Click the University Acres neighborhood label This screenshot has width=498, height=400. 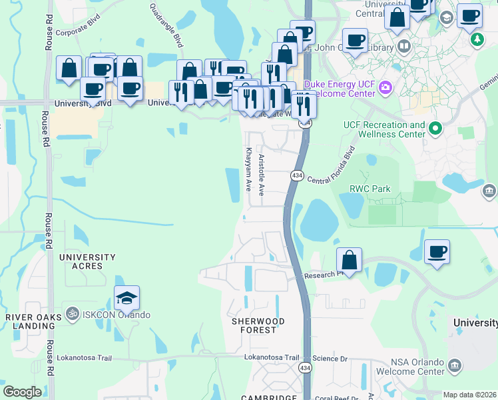pos(87,261)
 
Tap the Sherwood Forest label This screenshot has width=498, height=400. pos(258,325)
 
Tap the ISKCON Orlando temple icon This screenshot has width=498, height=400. pos(73,315)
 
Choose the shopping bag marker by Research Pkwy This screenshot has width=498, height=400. pos(349,259)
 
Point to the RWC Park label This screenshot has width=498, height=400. pos(370,189)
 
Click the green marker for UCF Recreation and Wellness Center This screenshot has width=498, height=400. pos(436,127)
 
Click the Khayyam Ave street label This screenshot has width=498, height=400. pos(248,169)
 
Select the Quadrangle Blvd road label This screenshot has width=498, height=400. pos(166,25)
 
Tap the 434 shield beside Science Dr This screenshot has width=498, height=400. pos(305,368)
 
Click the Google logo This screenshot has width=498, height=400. pos(22,391)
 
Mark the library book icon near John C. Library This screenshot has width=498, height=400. pos(403,47)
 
